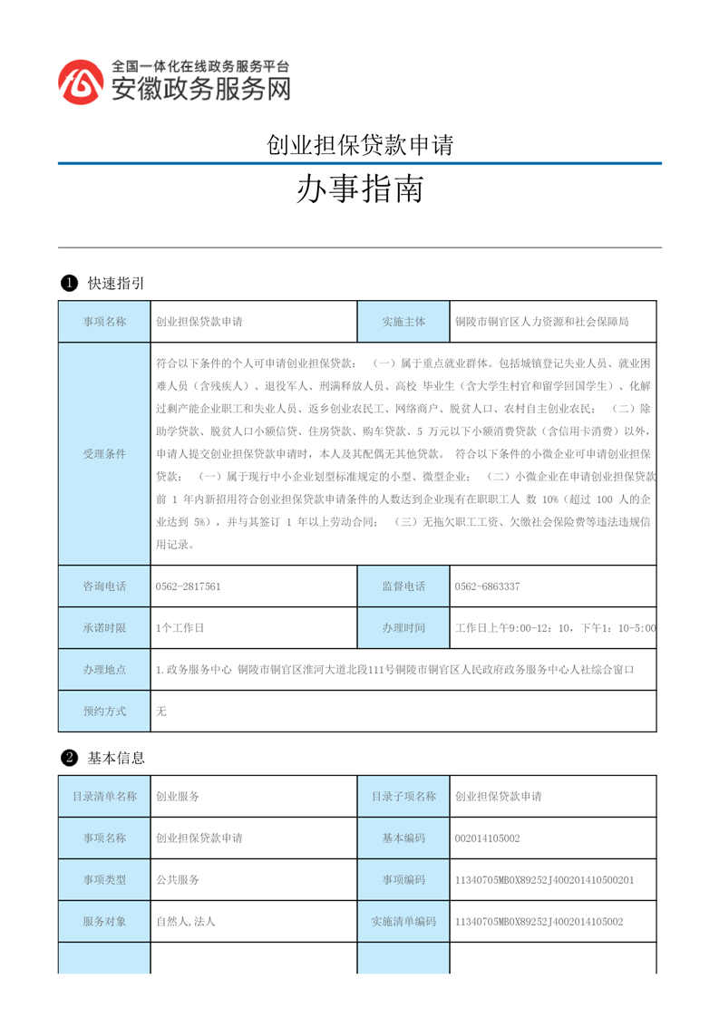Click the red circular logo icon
(81, 82)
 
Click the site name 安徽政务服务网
(200, 89)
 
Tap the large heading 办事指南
(360, 189)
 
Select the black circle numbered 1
(68, 284)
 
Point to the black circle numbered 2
(68, 758)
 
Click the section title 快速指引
(116, 284)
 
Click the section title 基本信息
(116, 758)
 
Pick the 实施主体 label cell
(403, 322)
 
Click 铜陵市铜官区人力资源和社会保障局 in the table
(541, 322)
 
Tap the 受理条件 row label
(104, 453)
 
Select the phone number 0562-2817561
(189, 586)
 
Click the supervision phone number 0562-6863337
(487, 586)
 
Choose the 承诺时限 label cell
(104, 627)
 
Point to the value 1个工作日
(180, 627)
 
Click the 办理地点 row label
(104, 670)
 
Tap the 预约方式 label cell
(104, 712)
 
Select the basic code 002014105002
(487, 838)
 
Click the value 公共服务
(178, 879)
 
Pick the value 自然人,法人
(185, 921)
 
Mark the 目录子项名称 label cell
(403, 797)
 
